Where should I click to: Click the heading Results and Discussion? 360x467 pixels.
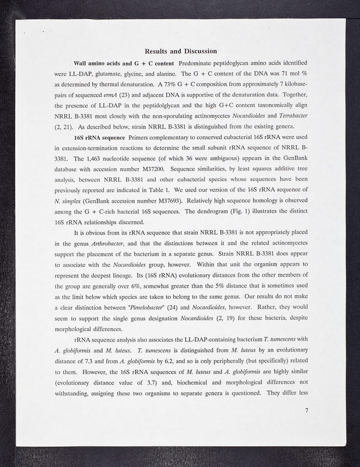pyautogui.click(x=180, y=51)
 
